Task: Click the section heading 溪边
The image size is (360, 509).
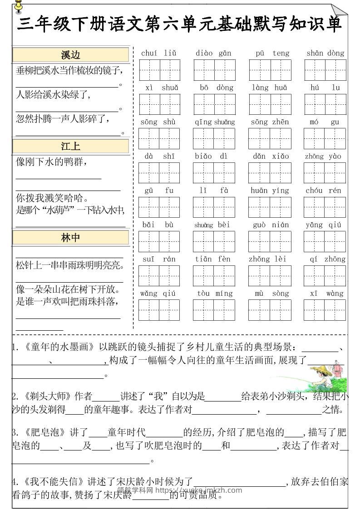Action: point(71,55)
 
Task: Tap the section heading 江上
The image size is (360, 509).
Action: point(71,146)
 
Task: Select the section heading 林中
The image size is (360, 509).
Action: point(71,237)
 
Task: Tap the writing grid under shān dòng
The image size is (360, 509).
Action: point(325,70)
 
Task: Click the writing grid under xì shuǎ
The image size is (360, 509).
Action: point(159,104)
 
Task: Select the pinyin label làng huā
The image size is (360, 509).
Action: point(269,88)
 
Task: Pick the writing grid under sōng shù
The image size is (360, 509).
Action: point(159,138)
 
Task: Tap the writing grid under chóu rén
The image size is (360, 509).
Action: point(325,207)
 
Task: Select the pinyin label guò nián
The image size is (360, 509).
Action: point(269,225)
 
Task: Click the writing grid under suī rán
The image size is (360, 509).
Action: point(159,276)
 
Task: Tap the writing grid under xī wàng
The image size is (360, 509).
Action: point(325,310)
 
